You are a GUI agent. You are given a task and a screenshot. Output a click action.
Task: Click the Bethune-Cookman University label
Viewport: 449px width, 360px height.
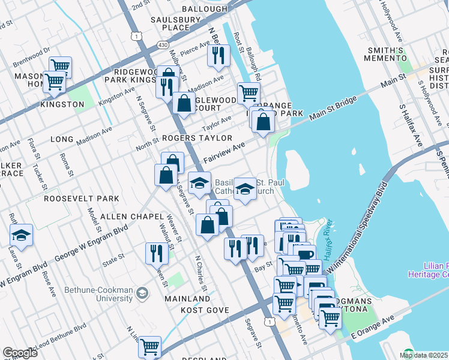pyautogui.click(x=100, y=293)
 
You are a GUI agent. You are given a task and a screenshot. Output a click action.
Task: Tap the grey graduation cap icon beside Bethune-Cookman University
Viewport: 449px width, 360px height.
pyautogui.click(x=142, y=293)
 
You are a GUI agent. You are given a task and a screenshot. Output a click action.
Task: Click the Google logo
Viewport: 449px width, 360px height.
pyautogui.click(x=20, y=353)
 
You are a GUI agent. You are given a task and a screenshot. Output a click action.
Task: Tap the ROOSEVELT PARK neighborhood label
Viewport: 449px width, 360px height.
pyautogui.click(x=81, y=198)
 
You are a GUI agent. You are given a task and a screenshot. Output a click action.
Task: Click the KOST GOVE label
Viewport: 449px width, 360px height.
pyautogui.click(x=206, y=310)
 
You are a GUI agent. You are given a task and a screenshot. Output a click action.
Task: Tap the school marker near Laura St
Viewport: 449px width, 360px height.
pyautogui.click(x=22, y=235)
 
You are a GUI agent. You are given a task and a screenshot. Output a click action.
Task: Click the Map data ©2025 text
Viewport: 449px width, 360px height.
pyautogui.click(x=423, y=355)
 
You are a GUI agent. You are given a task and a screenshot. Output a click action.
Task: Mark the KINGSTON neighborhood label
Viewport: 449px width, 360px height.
pyautogui.click(x=62, y=104)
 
